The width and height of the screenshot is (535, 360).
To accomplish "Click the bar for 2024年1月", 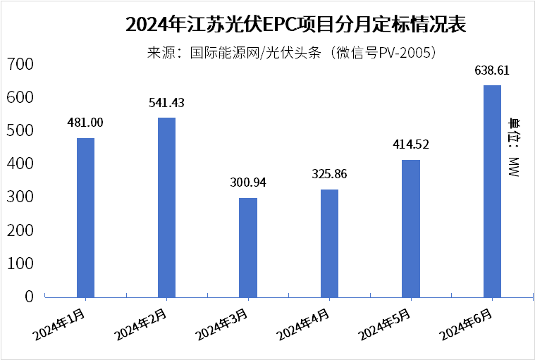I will click(85, 217).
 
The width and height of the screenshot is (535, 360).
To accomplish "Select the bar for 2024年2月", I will click(166, 207).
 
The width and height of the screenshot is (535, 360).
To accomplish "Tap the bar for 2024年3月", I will click(248, 247).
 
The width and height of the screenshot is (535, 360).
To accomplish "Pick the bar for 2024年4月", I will click(329, 243).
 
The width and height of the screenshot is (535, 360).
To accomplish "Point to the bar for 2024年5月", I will click(411, 228).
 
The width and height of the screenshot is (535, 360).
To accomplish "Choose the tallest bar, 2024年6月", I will click(492, 191).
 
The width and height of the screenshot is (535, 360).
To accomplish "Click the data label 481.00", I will click(85, 123).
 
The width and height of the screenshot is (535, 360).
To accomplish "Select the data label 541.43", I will click(166, 103).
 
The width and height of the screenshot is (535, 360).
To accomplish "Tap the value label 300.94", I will click(248, 183).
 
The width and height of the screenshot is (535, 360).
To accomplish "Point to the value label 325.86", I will click(329, 174).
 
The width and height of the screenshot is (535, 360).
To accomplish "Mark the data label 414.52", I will click(411, 145).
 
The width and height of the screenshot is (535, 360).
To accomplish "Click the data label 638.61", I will click(492, 70).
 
